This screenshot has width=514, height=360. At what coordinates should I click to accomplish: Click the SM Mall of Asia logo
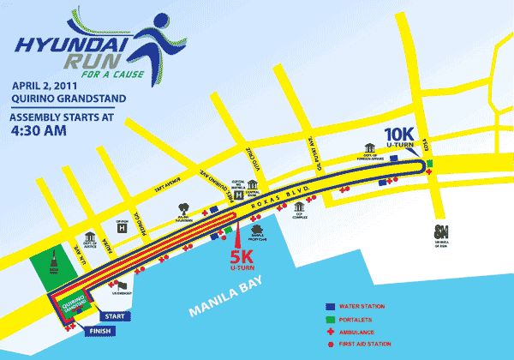(442, 231)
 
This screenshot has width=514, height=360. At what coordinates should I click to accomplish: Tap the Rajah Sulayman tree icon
(184, 208)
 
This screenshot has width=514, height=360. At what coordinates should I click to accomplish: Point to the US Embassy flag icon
(123, 286)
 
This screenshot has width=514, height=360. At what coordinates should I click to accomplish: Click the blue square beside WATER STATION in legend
(332, 306)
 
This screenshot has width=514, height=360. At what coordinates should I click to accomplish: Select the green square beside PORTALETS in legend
(332, 319)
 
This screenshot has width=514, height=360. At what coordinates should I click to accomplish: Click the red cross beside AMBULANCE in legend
(332, 331)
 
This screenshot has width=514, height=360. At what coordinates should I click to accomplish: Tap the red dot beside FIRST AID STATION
(332, 344)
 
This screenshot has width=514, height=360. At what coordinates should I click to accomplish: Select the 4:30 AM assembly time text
(39, 134)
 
